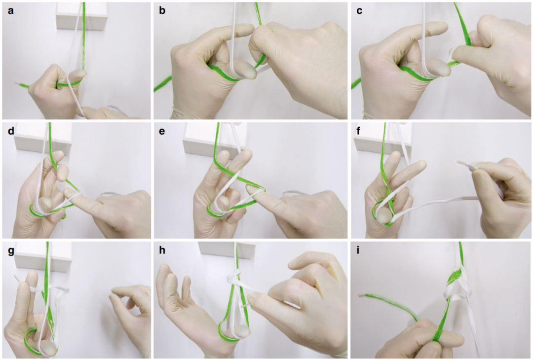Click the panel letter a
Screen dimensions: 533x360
pos(11,10)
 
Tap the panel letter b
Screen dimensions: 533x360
pos(162,10)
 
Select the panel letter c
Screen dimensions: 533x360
pos(359,11)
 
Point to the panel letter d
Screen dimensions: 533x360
pos(11,130)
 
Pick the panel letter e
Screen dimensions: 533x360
pos(162,131)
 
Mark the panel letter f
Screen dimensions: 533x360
pos(359,130)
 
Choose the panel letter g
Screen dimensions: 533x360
pos(11,252)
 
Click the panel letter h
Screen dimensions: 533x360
pos(162,251)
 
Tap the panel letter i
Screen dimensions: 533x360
pos(358,251)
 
